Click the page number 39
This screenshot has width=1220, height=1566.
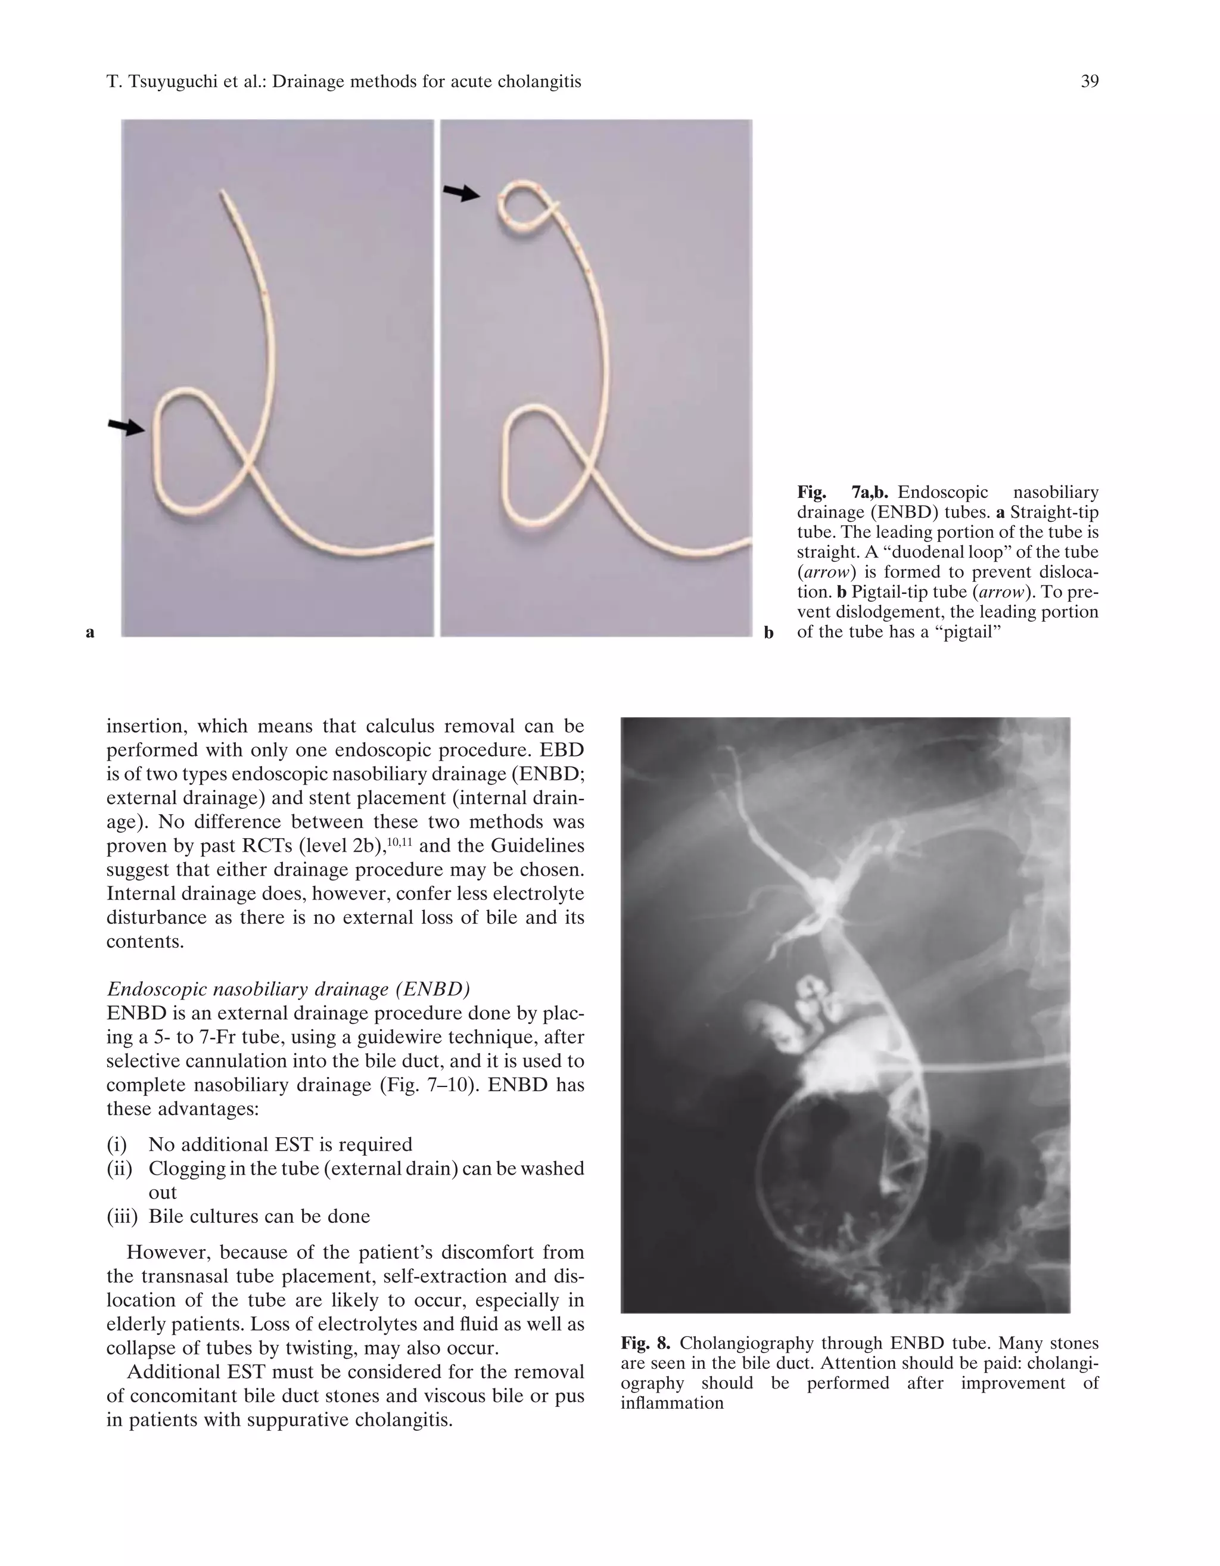(x=1089, y=82)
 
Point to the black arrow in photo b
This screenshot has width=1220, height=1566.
(x=461, y=192)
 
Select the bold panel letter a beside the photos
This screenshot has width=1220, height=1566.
(x=89, y=633)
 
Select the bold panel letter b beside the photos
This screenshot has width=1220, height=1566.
(x=768, y=633)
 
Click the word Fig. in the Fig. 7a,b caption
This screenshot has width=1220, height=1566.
(x=812, y=493)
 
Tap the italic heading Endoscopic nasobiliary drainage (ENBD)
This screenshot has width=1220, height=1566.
(x=288, y=989)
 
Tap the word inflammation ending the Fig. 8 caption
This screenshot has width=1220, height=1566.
(x=672, y=1403)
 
